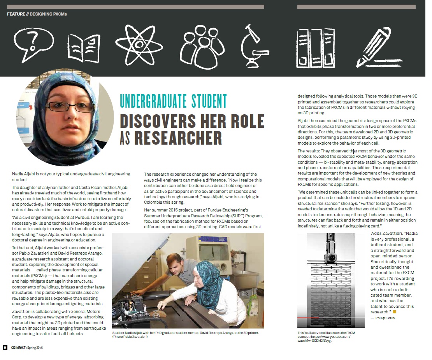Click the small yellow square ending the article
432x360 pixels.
(394, 312)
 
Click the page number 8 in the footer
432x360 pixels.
(4, 348)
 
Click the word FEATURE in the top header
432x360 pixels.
(17, 14)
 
